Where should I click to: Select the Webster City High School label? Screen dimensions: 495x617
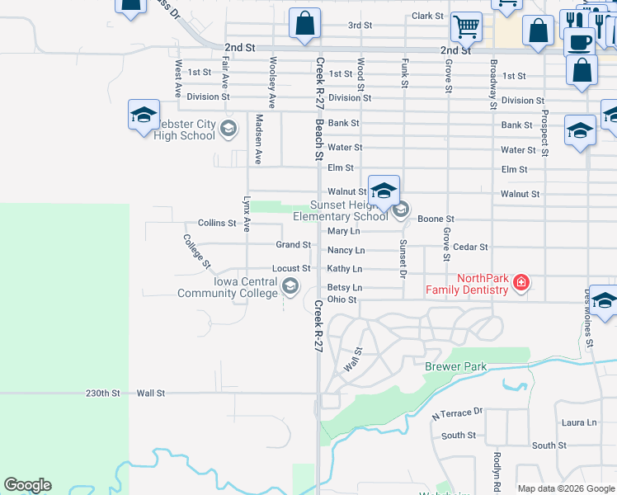185,130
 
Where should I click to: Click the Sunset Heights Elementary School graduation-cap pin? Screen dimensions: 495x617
384,192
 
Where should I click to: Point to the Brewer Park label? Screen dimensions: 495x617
455,366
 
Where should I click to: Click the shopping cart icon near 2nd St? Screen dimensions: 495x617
466,27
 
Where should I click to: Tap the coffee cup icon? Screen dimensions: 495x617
579,40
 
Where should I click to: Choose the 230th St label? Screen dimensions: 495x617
103,394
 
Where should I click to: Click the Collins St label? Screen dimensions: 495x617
217,224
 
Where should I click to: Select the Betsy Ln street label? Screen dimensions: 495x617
345,287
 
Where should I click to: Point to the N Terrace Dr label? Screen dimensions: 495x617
456,412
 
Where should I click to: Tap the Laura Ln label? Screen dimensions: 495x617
578,422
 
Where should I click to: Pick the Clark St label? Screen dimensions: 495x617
428,16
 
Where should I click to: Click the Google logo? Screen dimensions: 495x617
27,485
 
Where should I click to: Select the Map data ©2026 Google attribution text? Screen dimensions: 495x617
565,488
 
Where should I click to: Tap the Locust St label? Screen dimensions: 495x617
291,269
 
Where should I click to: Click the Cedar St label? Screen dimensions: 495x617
471,247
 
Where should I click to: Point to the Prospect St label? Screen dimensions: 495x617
545,131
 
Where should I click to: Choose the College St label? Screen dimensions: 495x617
197,252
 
